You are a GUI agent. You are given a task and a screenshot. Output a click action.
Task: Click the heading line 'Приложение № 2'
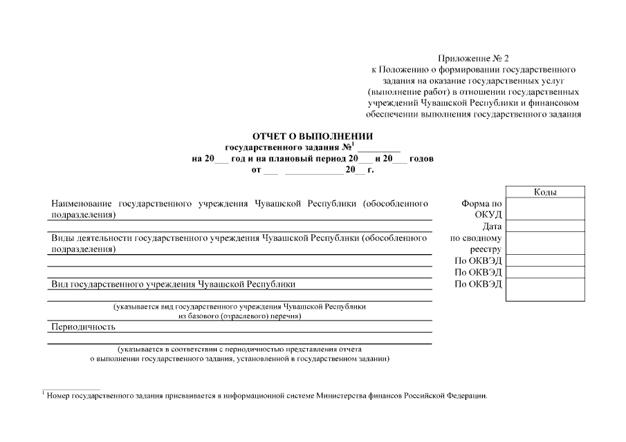(473, 59)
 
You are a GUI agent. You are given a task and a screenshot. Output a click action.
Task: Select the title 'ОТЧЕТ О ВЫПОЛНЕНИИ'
(313, 136)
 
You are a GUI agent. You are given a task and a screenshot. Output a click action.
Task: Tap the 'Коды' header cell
(546, 192)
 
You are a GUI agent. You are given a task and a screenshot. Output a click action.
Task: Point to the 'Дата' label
(492, 227)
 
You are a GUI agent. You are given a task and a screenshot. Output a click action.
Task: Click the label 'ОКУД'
(488, 215)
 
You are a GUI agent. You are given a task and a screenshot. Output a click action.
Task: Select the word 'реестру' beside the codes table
(486, 249)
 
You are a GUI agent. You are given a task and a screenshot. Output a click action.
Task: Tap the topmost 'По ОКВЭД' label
(478, 261)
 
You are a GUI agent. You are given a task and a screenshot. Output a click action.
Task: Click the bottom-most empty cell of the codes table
(546, 290)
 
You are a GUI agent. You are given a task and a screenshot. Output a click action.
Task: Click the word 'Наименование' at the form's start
(82, 204)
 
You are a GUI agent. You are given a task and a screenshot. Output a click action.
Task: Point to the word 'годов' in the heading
(422, 158)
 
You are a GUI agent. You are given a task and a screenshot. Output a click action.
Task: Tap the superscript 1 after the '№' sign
(353, 144)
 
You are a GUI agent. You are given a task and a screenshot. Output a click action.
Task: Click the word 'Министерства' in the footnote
(344, 396)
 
